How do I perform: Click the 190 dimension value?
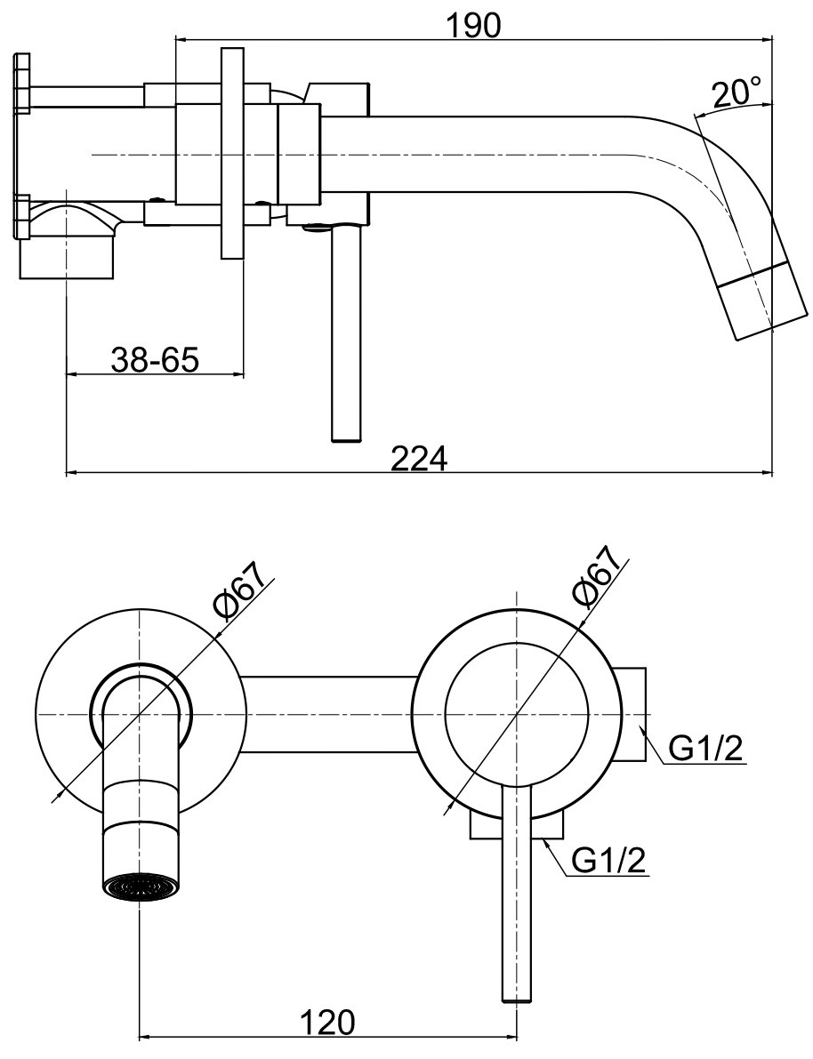[474, 26]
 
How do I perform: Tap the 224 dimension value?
[420, 460]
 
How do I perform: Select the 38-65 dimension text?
[156, 360]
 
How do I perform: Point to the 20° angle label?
[736, 93]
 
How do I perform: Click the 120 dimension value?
[327, 1022]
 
